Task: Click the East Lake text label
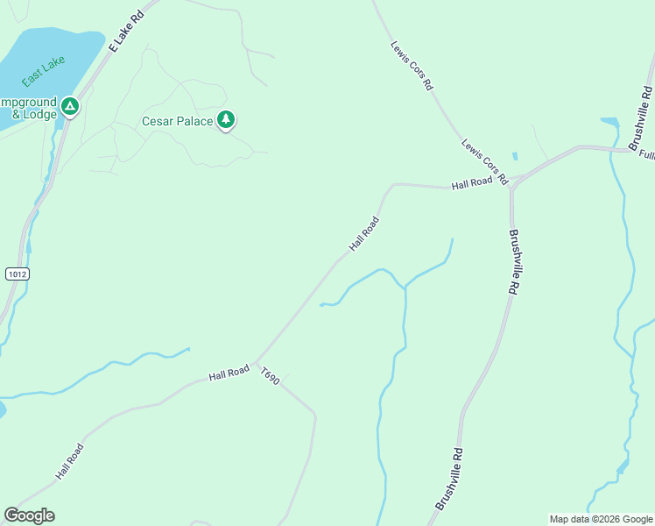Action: tap(39, 71)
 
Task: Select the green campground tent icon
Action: tap(71, 107)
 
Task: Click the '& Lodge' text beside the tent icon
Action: tap(34, 114)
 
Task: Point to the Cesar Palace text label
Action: tap(177, 121)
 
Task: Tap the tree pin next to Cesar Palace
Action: tap(226, 119)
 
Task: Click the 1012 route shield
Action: tap(17, 274)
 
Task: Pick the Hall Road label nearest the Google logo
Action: tap(69, 461)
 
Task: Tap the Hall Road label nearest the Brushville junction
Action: tap(472, 184)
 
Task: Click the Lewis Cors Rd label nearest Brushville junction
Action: tap(485, 162)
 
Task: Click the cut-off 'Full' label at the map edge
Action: tap(646, 154)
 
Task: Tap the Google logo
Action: tap(29, 515)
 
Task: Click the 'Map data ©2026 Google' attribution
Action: tap(601, 519)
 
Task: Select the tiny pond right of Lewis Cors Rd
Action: tap(515, 157)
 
